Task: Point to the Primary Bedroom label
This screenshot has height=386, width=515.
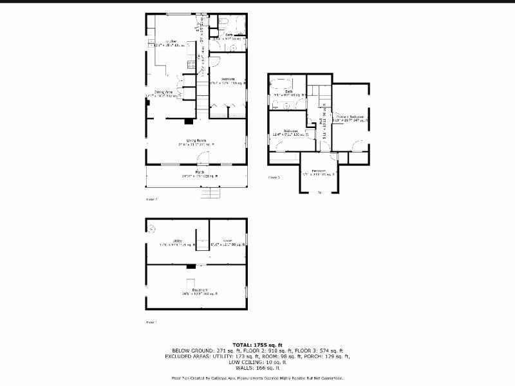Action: coord(350,116)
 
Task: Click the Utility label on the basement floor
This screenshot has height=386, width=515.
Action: coord(177,241)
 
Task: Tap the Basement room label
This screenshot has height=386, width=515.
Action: coord(196,290)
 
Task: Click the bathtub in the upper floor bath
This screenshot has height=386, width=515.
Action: coord(282,84)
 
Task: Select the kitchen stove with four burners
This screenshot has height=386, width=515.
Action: coord(191,64)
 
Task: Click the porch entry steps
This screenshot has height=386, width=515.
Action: coord(211,192)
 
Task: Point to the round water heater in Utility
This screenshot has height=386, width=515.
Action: coord(153,228)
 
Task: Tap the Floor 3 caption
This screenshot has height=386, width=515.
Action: coord(274,177)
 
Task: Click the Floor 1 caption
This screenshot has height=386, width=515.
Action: coord(152,322)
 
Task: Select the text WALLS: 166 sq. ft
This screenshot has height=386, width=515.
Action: coord(257,367)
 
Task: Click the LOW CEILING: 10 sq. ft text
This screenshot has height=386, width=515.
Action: coord(257,362)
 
